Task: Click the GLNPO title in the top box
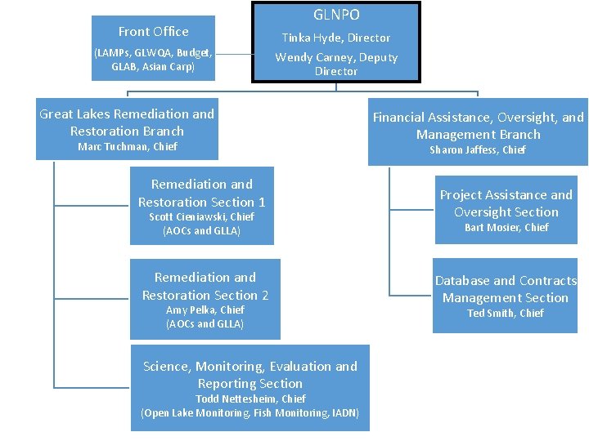point(336,15)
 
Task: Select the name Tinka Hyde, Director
point(336,38)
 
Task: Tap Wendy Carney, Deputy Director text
point(336,64)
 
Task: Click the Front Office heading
point(153,32)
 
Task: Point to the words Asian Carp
point(169,67)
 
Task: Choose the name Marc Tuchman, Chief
point(127,147)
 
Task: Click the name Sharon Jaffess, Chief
point(478,150)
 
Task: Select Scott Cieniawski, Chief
point(201,217)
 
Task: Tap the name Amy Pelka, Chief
point(205,310)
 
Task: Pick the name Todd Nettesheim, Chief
point(250,399)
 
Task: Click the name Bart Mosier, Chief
point(506,228)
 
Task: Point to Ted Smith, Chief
point(505,314)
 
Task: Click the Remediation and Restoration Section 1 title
point(201,194)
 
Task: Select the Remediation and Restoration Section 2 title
point(205,287)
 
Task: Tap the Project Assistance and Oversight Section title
point(506,203)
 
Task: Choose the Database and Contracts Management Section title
point(505,289)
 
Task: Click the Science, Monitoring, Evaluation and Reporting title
point(250,375)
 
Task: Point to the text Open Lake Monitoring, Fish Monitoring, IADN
point(250,413)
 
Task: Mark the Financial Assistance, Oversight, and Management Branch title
point(478,126)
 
